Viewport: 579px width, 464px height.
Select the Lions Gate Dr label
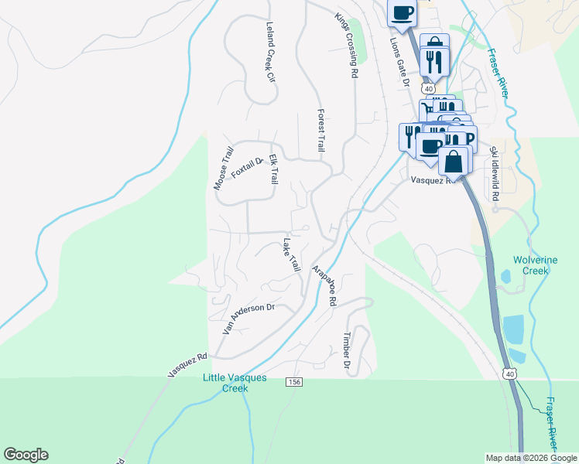pos(398,57)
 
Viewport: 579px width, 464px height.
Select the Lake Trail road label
pos(290,254)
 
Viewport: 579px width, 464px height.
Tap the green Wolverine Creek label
pos(531,265)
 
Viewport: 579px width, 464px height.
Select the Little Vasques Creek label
pos(235,383)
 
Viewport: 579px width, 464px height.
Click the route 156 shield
pos(293,382)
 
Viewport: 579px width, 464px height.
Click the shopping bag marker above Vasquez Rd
pos(454,162)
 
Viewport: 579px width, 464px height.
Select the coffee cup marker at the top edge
pos(402,13)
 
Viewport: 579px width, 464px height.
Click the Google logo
pos(26,455)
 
